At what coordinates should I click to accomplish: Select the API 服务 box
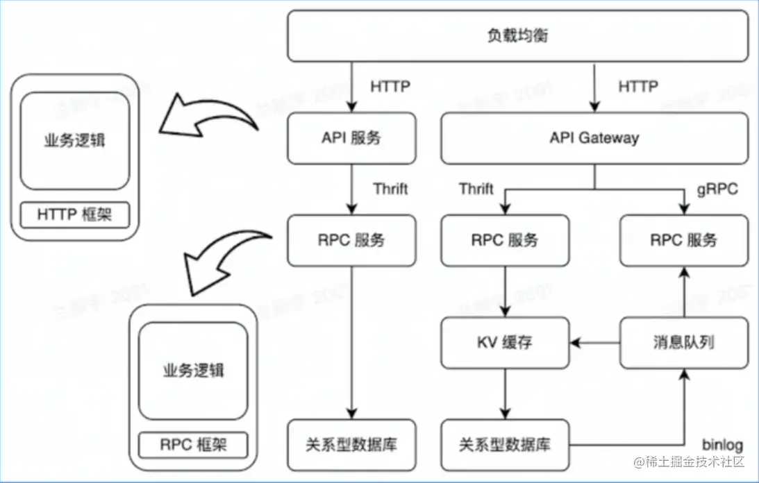pyautogui.click(x=351, y=138)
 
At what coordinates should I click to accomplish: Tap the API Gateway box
pyautogui.click(x=594, y=138)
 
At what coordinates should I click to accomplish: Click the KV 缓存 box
pyautogui.click(x=505, y=343)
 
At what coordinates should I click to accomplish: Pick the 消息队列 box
pyautogui.click(x=684, y=343)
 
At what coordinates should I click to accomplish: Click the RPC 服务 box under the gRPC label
pyautogui.click(x=684, y=241)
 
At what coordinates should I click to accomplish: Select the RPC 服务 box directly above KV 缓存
pyautogui.click(x=505, y=241)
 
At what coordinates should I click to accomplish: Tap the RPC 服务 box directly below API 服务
pyautogui.click(x=351, y=241)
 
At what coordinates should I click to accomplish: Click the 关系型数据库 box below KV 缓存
pyautogui.click(x=505, y=445)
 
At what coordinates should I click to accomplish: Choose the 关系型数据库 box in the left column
pyautogui.click(x=351, y=445)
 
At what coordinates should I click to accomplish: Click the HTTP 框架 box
pyautogui.click(x=74, y=215)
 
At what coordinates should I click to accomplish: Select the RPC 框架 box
pyautogui.click(x=193, y=443)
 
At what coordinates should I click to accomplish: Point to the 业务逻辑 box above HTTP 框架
pyautogui.click(x=74, y=140)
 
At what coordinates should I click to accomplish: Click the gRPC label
pyautogui.click(x=717, y=189)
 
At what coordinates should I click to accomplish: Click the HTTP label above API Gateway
pyautogui.click(x=637, y=87)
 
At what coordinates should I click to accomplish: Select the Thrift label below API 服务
pyautogui.click(x=390, y=189)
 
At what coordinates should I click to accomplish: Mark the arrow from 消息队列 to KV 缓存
pyautogui.click(x=594, y=343)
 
